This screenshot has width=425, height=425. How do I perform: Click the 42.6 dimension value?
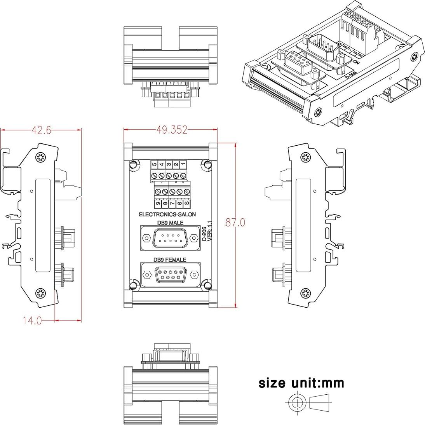41,130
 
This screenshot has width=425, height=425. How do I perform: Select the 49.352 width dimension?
172,130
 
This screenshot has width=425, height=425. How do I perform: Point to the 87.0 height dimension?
235,222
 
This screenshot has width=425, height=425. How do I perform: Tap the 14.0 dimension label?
32,320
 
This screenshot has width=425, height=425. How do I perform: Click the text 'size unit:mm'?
301,383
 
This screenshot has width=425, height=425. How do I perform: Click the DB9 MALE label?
170,223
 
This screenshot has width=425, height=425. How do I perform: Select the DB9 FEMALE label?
169,260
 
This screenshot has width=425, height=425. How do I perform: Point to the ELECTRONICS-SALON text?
167,214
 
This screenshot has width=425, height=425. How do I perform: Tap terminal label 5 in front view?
154,165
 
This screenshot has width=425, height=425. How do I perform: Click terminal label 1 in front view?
183,165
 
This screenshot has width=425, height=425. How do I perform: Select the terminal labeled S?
187,203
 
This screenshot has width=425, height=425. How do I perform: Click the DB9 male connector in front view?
170,238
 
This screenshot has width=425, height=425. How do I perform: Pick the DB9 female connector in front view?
170,275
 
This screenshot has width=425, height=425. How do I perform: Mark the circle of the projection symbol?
297,402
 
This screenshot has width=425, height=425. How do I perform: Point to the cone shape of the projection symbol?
319,402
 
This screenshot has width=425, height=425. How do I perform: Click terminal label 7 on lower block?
172,203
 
